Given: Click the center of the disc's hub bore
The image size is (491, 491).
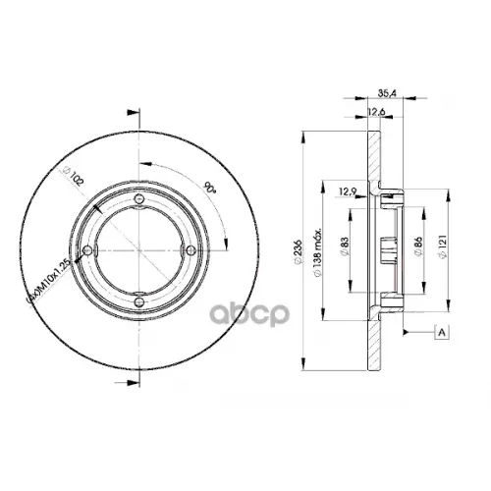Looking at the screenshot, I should [x=140, y=252].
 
